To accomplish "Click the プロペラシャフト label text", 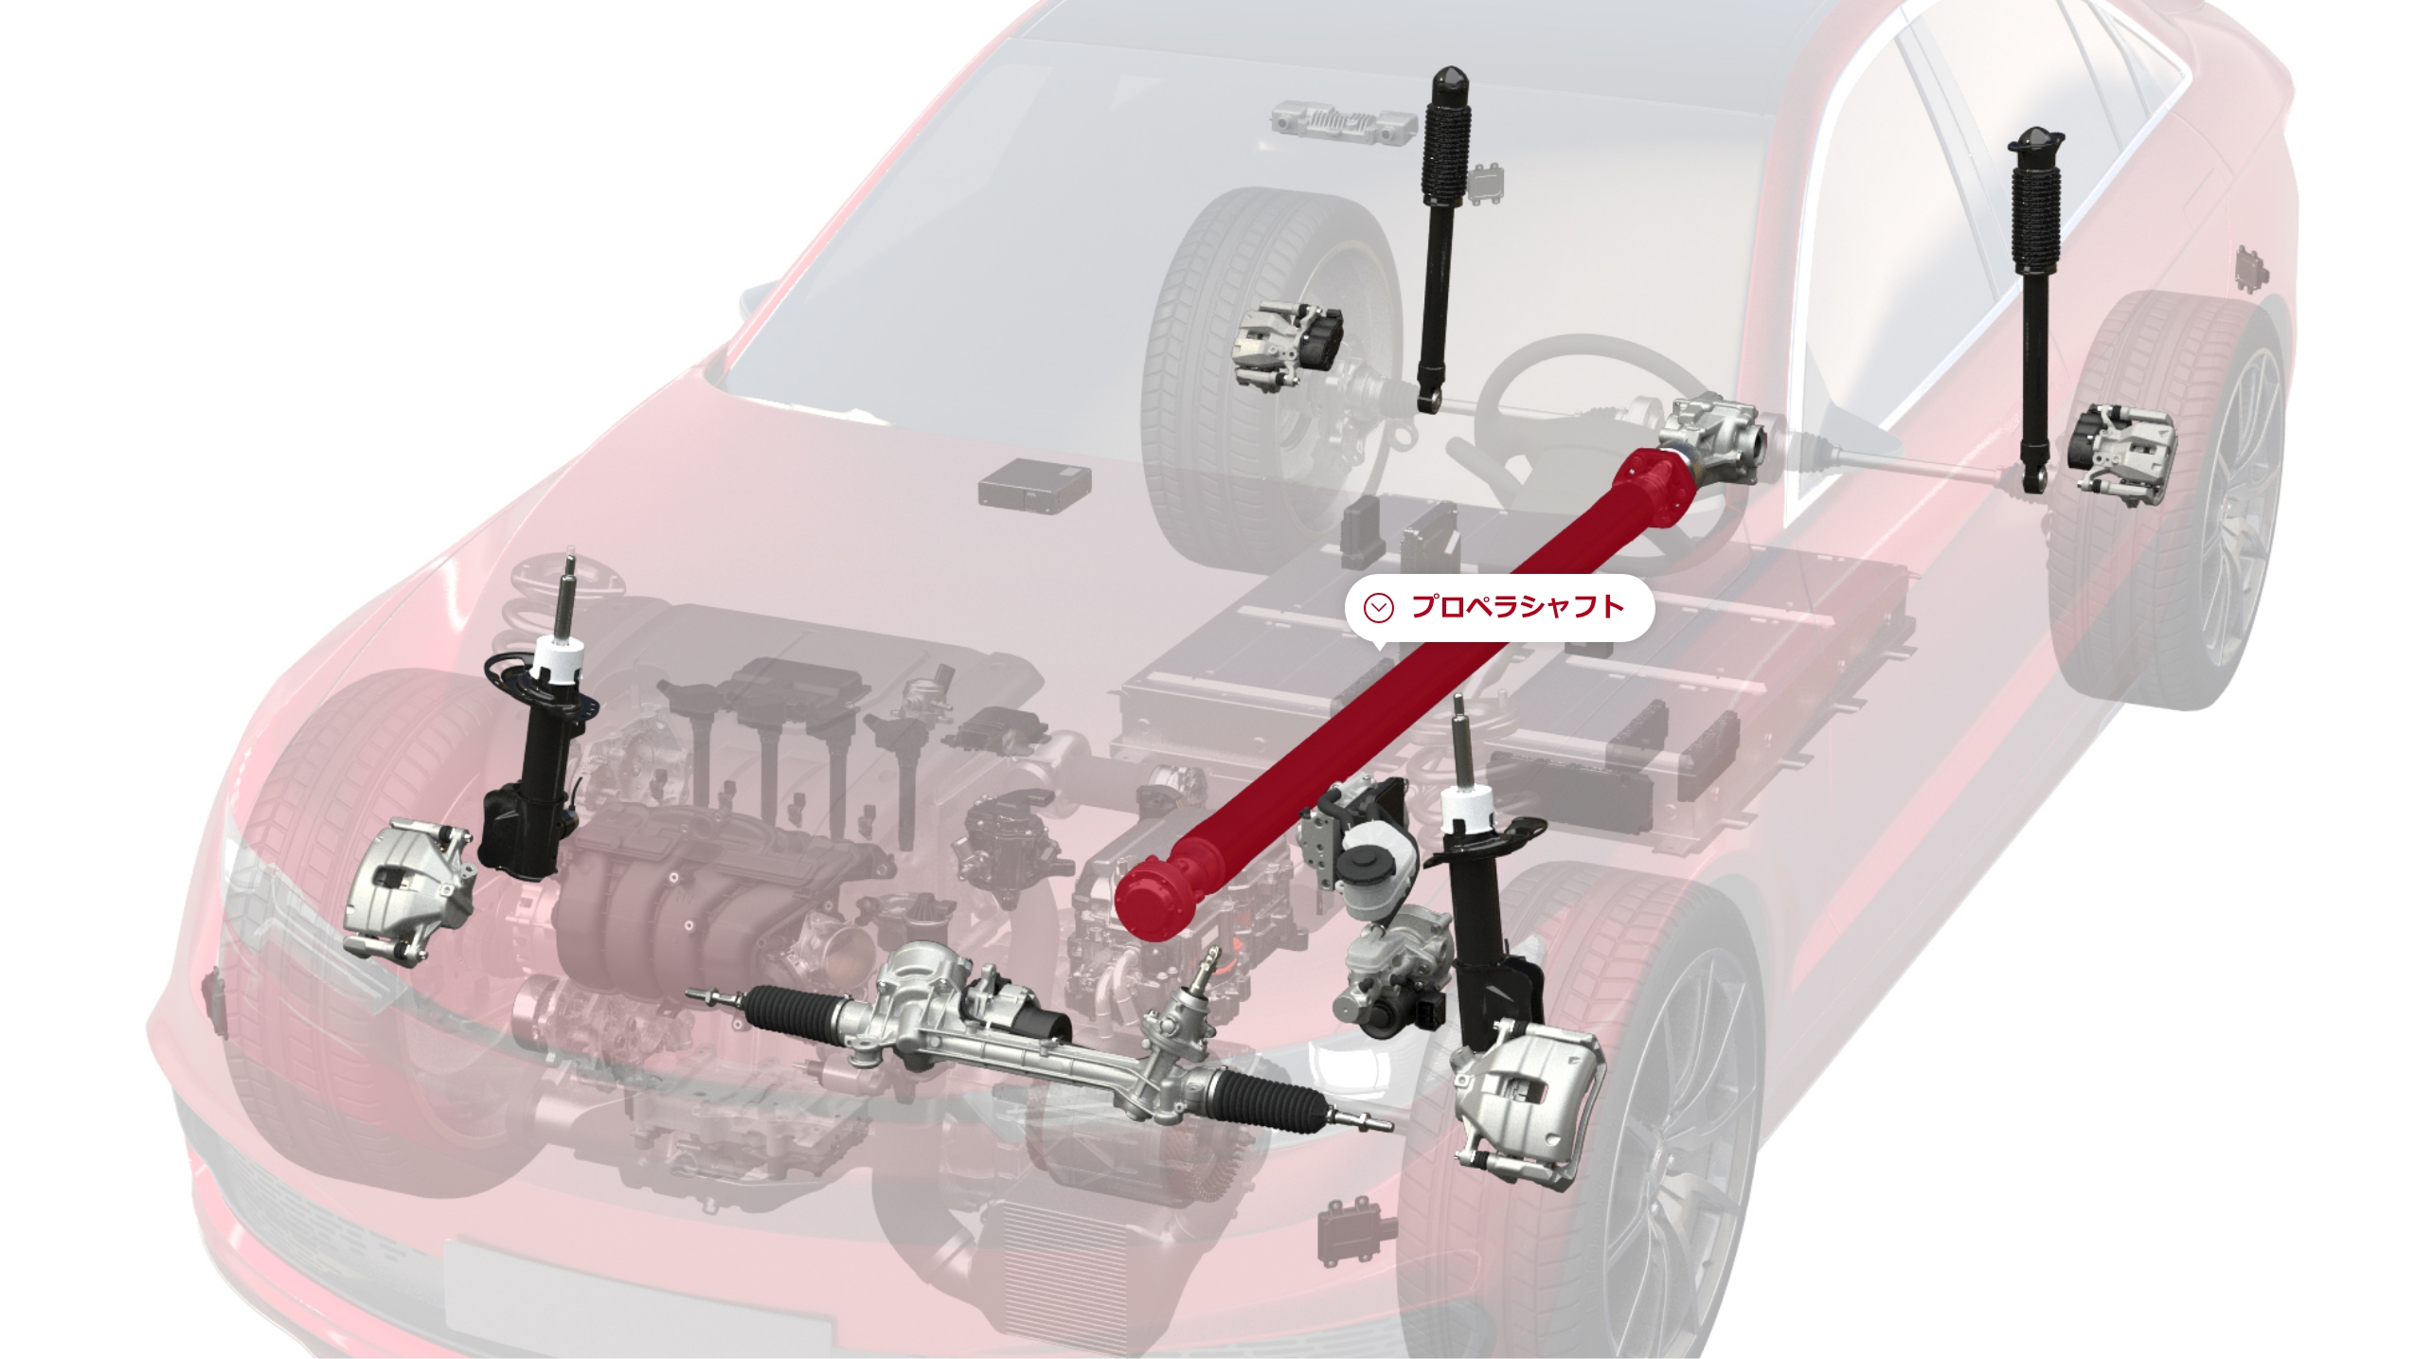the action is click(1517, 607).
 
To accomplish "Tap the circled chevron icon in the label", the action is click(1379, 607).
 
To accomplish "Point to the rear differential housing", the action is click(1714, 445).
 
